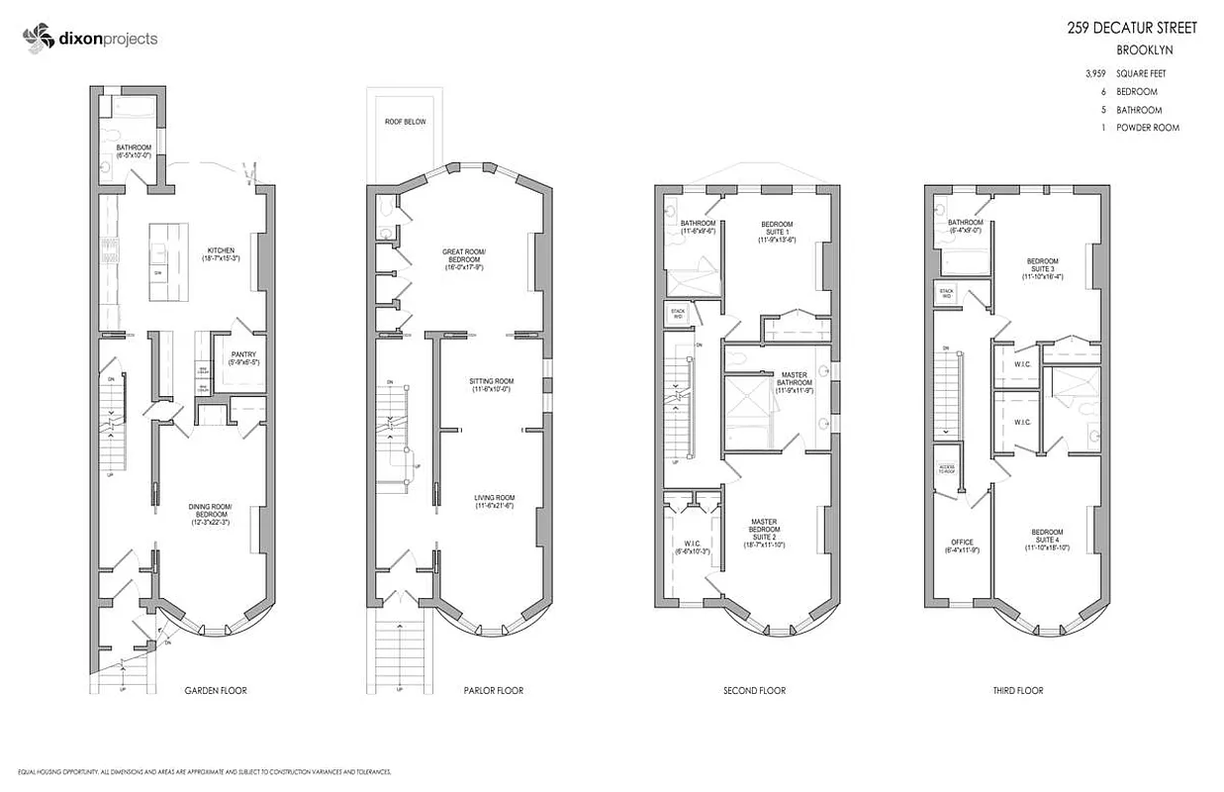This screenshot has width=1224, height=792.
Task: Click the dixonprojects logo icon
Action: (x=37, y=39)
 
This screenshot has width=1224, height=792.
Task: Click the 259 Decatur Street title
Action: (x=1132, y=28)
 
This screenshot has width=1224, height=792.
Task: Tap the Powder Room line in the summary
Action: (x=1147, y=128)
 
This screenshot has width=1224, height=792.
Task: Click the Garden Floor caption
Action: (x=216, y=690)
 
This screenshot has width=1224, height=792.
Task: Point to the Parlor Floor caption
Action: (x=493, y=690)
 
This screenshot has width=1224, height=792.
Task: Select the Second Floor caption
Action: (x=754, y=690)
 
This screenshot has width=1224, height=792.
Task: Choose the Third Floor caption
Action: (x=1018, y=690)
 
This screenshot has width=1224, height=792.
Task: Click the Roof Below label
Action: (x=406, y=122)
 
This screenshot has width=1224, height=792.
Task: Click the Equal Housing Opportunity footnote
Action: (x=198, y=771)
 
